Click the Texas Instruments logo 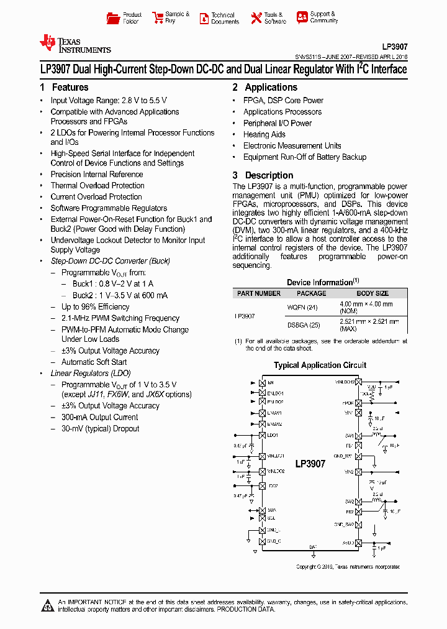coord(74,44)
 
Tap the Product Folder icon coord(112,18)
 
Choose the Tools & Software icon coord(256,18)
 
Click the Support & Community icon coord(302,17)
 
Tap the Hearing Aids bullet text coord(264,134)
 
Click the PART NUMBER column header coord(259,293)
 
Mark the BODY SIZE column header coord(372,293)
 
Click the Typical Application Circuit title coord(320,365)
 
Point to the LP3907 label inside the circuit coord(310,464)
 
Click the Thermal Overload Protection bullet coord(97,186)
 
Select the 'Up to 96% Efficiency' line coord(96,307)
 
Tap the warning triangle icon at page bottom coord(48,605)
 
